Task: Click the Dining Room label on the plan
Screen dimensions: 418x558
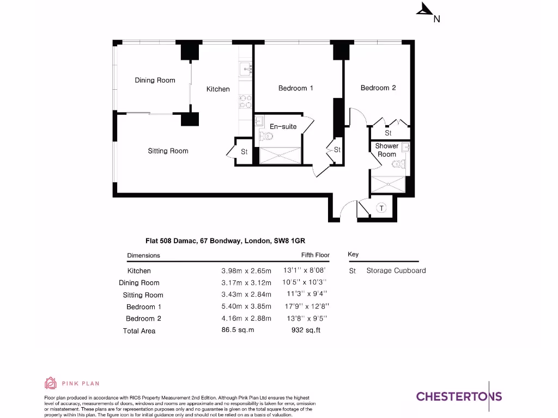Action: coord(155,81)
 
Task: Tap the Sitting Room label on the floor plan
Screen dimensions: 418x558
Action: coord(168,151)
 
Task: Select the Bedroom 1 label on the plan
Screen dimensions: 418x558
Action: coord(295,88)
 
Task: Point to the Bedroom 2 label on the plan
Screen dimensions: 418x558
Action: coord(378,88)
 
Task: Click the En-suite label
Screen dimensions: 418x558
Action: coord(283,127)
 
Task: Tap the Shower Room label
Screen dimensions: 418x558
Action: coord(386,150)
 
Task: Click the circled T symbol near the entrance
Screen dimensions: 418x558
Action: coord(381,208)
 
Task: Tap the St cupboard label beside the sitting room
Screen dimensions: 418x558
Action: coord(244,152)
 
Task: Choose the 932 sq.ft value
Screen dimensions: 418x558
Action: coord(306,330)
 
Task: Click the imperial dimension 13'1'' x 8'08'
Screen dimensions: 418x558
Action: coord(305,271)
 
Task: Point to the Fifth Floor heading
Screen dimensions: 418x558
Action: coord(315,255)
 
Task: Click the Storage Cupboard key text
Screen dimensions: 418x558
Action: coord(396,271)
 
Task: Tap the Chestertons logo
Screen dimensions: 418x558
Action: coord(459,396)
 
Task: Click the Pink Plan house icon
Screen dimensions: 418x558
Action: coord(50,383)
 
